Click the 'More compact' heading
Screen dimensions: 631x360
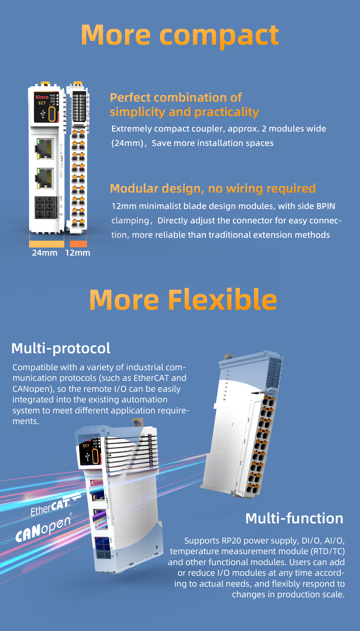(180, 35)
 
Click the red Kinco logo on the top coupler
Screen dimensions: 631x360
(42, 97)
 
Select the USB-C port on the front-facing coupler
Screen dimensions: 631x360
(52, 114)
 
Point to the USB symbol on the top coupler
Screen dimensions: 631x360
(43, 114)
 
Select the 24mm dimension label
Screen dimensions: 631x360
(45, 253)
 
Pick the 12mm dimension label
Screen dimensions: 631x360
(77, 253)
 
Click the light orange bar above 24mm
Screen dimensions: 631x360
(47, 244)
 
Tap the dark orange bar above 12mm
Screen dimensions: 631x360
(78, 244)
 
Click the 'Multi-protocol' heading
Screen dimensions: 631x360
(61, 348)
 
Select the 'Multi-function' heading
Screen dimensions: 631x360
(294, 518)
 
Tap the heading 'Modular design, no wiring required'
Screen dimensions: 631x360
(213, 189)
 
